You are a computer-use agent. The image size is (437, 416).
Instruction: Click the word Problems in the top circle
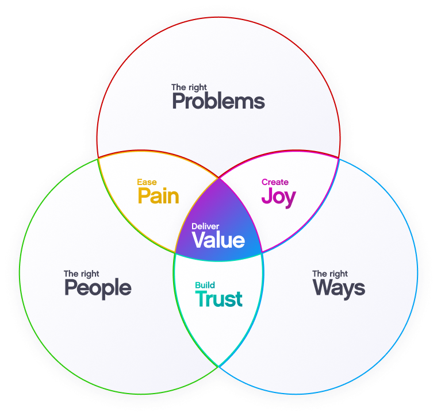[218, 102]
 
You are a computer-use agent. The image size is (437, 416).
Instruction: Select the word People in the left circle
[98, 288]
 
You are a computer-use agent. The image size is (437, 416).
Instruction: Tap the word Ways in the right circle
[339, 288]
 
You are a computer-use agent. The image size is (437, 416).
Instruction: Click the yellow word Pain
[158, 196]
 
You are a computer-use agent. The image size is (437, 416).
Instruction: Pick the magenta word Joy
[278, 196]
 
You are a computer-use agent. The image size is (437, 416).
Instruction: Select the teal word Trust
[218, 299]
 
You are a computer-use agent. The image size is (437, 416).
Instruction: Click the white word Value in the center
[218, 240]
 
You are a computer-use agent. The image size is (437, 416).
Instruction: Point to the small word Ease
[147, 182]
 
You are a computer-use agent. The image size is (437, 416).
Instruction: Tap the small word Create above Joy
[275, 182]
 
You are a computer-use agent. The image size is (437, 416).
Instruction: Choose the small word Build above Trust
[205, 285]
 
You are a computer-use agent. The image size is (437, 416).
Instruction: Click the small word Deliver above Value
[205, 226]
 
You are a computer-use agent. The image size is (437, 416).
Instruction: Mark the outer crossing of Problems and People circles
[98, 157]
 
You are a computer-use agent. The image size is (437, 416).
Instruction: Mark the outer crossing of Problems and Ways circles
[339, 157]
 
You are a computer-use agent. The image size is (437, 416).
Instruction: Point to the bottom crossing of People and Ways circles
[218, 366]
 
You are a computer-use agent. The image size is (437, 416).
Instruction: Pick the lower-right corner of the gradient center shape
[262, 253]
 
